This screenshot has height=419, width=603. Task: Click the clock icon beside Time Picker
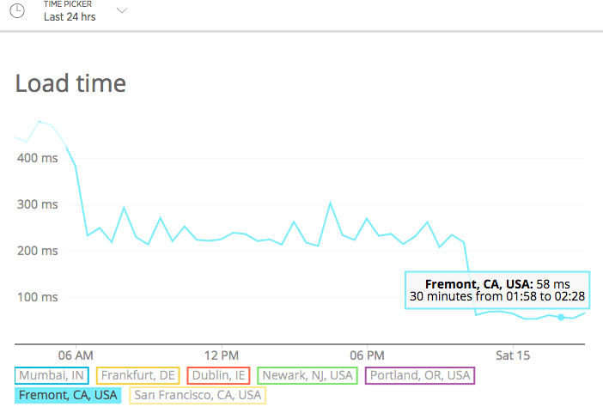pos(16,11)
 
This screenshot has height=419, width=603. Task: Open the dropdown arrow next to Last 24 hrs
pos(122,11)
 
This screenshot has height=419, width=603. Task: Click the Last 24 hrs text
pos(70,16)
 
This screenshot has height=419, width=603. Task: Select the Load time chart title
pos(70,83)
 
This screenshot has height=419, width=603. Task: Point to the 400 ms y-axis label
pos(36,158)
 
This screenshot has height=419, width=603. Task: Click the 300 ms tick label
pos(36,204)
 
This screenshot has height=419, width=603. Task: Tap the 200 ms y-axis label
pos(36,251)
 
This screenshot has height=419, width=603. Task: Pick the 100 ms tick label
pos(36,297)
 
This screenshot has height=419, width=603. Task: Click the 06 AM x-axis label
pos(76,355)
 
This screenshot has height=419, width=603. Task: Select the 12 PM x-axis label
pos(222,355)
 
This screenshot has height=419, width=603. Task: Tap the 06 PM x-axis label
pos(367,355)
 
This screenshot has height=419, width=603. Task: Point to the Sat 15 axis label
pos(513,355)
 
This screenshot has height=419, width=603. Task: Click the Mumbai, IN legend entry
pos(52,375)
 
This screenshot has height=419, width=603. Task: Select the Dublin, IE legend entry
pos(219,375)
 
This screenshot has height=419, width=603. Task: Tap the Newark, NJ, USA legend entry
pos(308,375)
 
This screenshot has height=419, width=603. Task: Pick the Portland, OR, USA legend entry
pos(420,375)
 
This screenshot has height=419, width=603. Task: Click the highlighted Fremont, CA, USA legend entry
pos(67,395)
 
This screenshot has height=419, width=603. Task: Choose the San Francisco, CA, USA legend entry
pos(198,395)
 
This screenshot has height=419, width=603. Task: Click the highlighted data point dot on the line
pos(561,317)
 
